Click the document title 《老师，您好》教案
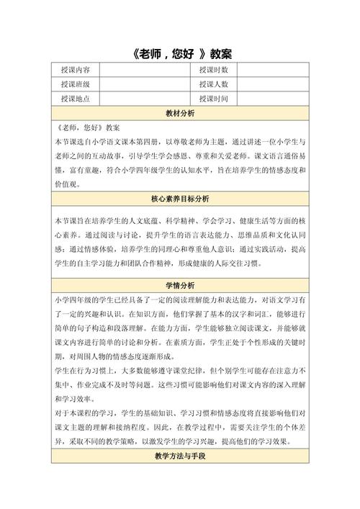(180, 54)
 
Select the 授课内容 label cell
(76, 70)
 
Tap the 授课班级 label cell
(76, 84)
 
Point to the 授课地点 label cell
(76, 99)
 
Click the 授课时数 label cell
(213, 70)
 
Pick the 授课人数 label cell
(213, 84)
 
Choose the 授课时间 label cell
(213, 99)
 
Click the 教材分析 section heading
(180, 114)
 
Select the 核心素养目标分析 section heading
(180, 198)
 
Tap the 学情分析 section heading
(180, 283)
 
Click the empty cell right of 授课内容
(144, 70)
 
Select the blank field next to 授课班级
(144, 84)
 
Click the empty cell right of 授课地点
(144, 99)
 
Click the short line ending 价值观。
(69, 184)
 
